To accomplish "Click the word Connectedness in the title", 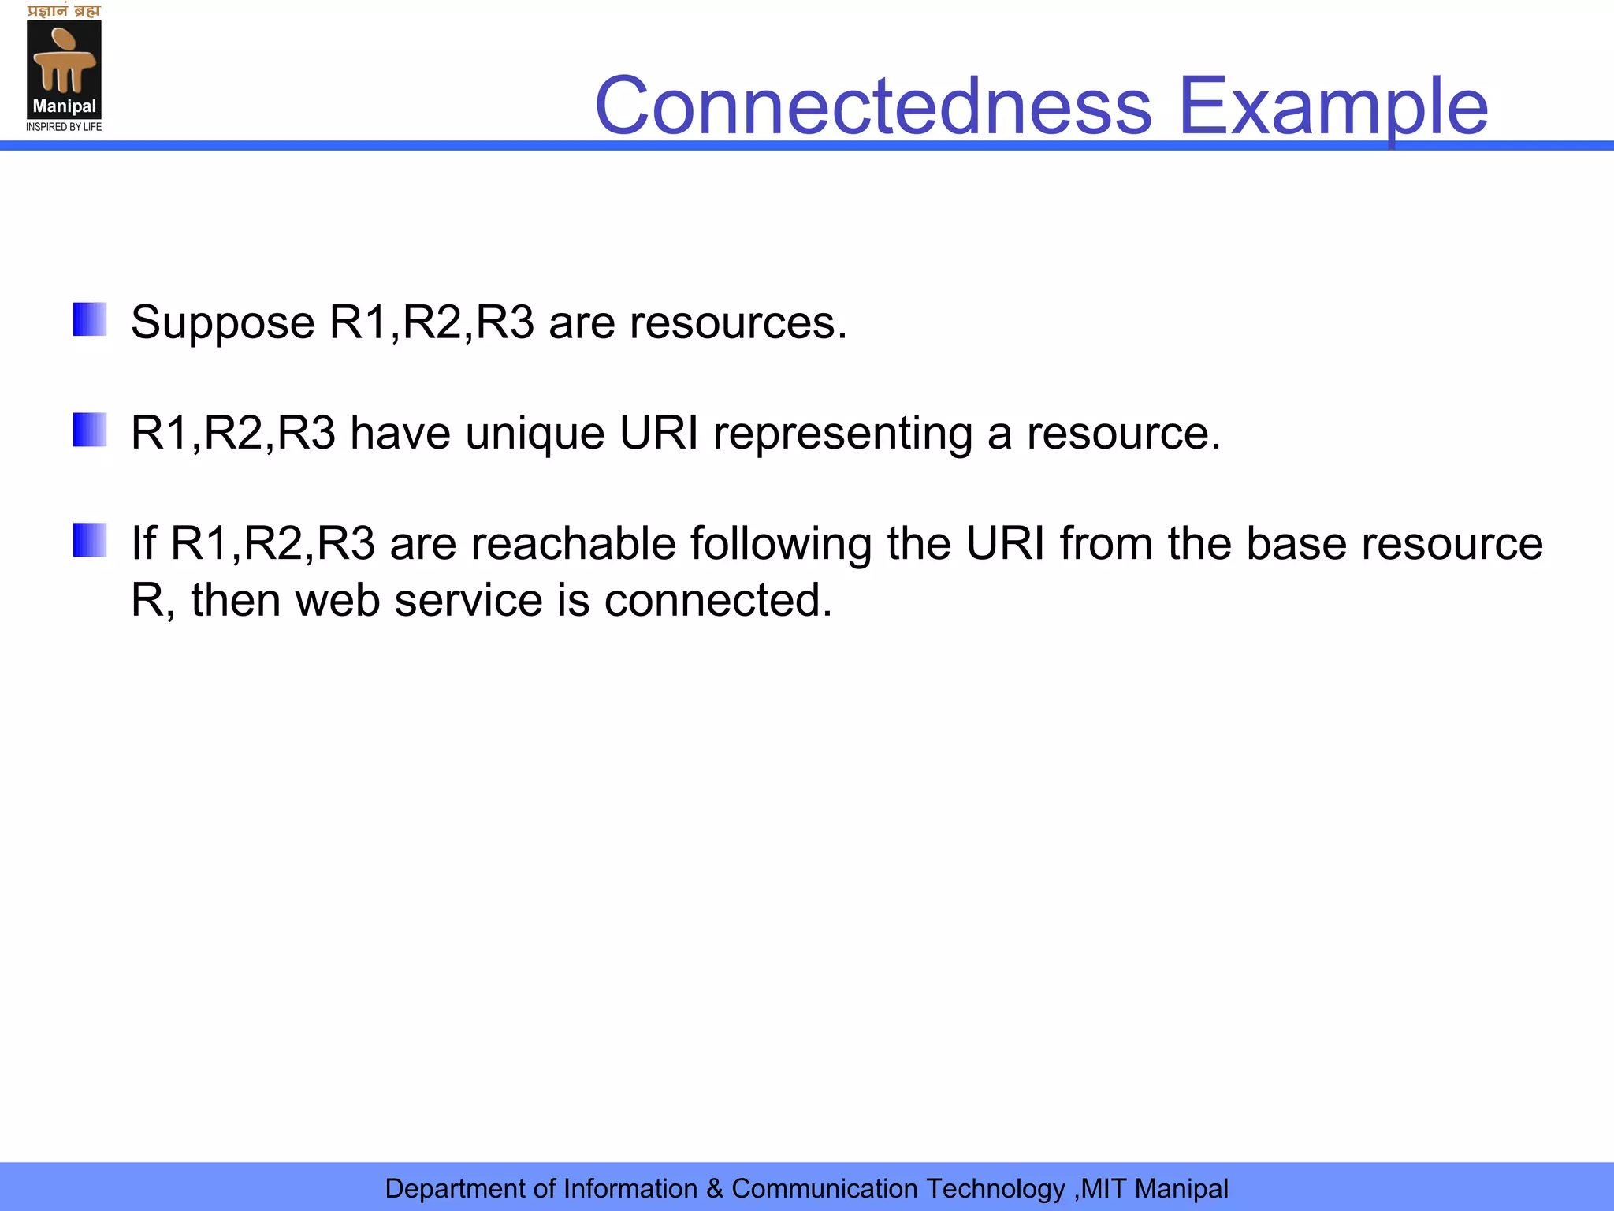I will pos(873,106).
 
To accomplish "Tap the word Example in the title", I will pos(1333,106).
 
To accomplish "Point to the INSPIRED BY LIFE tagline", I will pos(64,127).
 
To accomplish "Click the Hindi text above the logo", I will pos(64,11).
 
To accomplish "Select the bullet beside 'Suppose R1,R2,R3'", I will pos(90,319).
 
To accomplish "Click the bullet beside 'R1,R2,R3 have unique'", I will pos(90,430).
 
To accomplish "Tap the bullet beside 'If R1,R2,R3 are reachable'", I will pos(90,540).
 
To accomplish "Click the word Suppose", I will pos(223,323).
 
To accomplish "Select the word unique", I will pos(535,434).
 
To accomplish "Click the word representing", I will pos(842,434).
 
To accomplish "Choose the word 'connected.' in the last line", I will pos(718,601).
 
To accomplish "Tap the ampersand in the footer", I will pos(714,1189).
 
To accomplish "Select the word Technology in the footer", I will pos(995,1189).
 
